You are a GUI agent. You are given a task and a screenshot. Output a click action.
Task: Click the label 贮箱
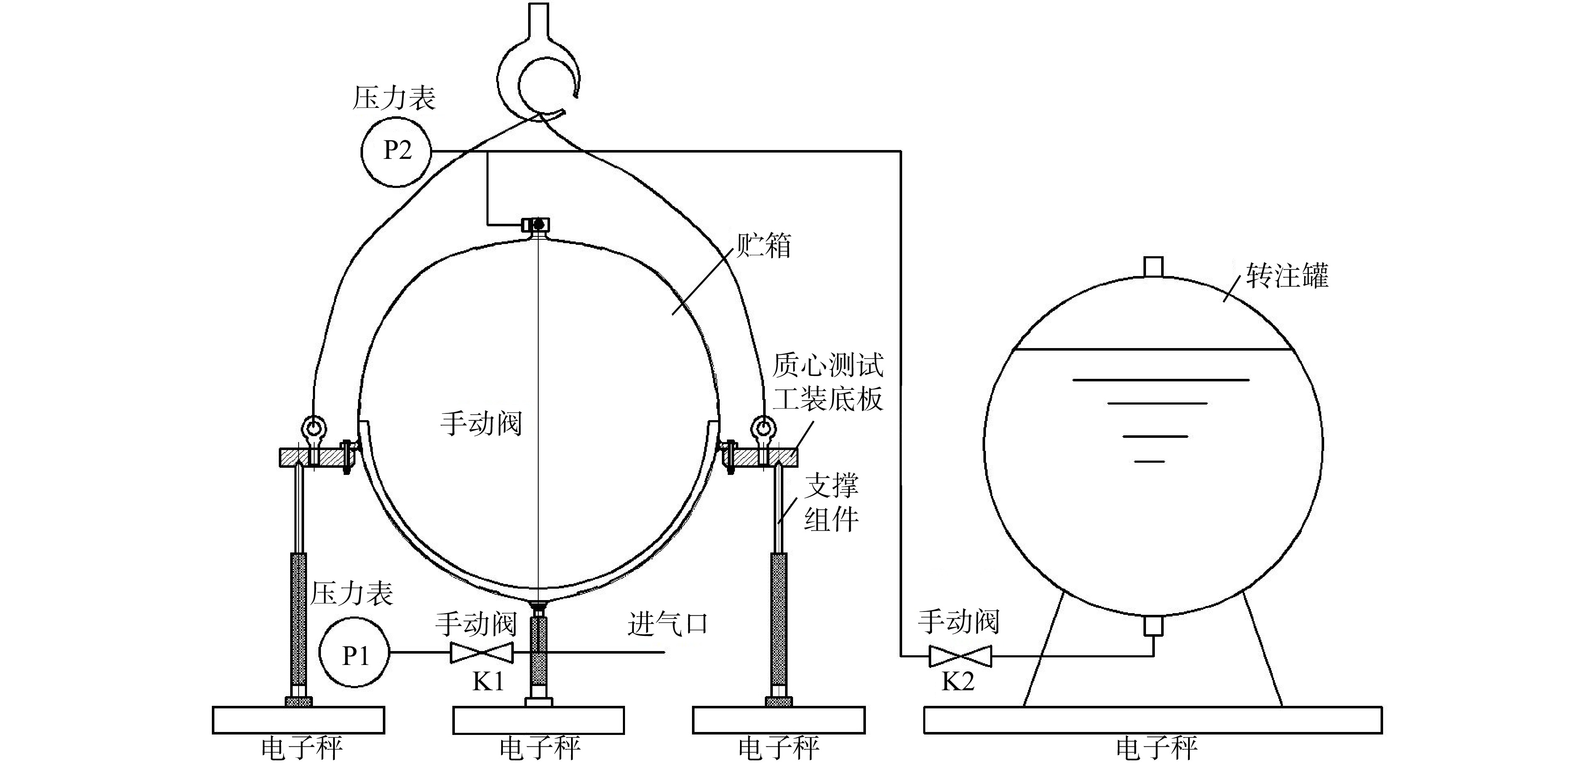click(x=763, y=245)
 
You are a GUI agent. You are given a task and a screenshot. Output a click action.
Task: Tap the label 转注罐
click(x=1287, y=275)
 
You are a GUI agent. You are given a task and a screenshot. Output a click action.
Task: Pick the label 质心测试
click(x=828, y=365)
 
